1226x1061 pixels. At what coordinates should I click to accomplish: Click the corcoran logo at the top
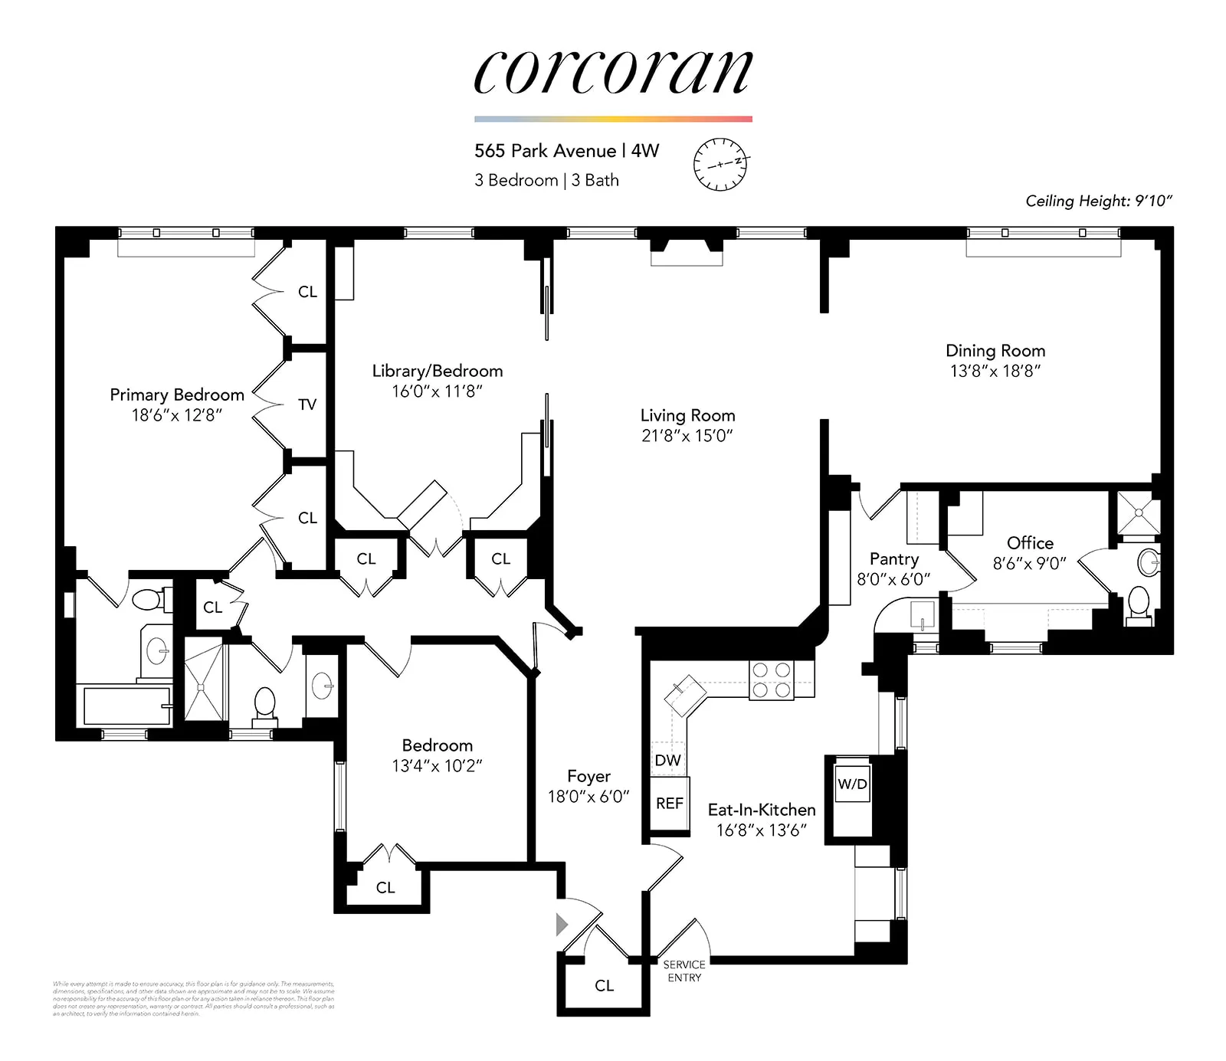613,73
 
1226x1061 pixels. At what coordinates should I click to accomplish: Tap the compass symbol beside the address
720,164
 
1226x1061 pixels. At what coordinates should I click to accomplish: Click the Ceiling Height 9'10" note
1099,201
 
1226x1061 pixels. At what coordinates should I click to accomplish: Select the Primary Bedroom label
177,395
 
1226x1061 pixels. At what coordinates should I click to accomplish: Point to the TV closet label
307,404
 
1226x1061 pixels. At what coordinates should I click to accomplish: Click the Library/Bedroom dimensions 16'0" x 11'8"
437,391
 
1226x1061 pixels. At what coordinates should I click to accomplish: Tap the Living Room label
687,415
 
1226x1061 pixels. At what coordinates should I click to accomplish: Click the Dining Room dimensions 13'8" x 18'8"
995,371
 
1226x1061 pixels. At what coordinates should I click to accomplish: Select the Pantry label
893,559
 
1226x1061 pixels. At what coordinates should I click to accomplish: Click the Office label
1030,543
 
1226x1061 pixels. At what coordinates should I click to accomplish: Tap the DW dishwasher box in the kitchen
667,760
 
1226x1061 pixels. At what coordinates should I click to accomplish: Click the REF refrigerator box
669,803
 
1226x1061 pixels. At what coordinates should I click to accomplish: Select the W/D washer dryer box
852,784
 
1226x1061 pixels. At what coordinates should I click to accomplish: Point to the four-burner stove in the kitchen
771,679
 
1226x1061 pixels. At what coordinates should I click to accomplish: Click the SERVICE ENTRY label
683,971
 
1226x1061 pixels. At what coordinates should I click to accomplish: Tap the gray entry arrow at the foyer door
562,925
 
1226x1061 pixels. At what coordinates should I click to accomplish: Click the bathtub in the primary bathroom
126,706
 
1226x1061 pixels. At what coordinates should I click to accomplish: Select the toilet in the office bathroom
1139,603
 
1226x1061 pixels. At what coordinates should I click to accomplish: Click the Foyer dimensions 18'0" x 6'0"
588,797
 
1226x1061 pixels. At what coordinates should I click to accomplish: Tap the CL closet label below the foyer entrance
604,986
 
